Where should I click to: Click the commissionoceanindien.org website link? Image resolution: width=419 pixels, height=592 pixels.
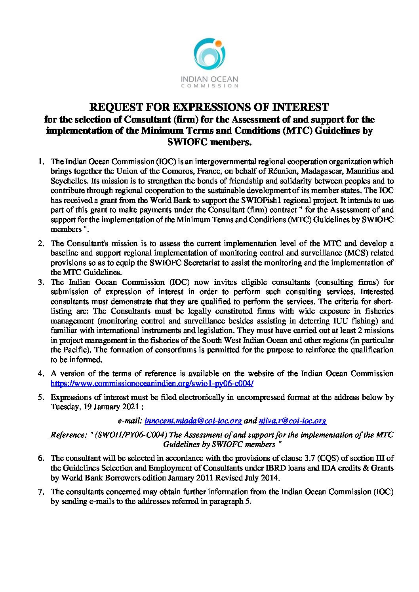point(152,383)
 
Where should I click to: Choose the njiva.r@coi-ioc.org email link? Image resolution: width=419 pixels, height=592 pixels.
point(292,421)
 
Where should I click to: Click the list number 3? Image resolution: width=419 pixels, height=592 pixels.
point(40,282)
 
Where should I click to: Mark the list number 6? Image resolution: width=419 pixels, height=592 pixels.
point(40,458)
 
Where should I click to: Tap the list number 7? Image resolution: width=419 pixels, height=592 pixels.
point(40,492)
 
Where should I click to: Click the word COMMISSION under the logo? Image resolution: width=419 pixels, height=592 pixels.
point(209,85)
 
